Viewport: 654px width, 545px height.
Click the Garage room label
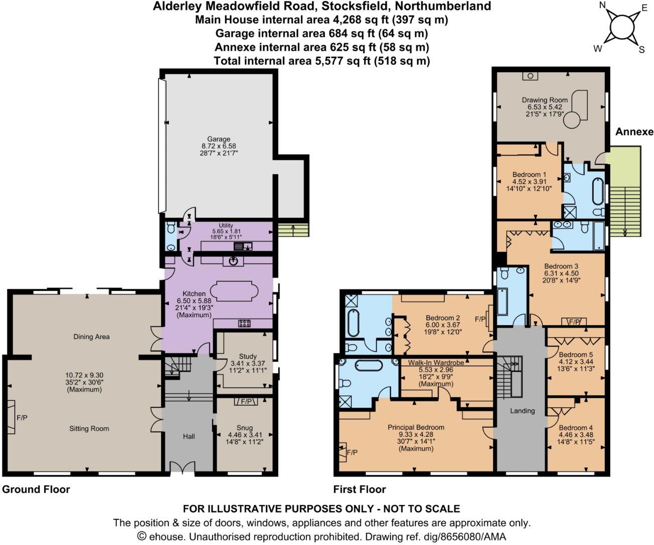tap(219, 139)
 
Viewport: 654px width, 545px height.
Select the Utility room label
tap(226, 225)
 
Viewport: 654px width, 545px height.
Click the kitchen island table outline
tap(234, 291)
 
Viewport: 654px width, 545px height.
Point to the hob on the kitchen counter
tap(244, 323)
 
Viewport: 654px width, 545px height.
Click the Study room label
tap(248, 356)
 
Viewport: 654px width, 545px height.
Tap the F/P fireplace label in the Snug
tap(246, 401)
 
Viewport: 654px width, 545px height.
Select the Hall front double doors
tap(182, 467)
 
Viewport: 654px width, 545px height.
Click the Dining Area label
tap(91, 337)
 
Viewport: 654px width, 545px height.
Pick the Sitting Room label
tap(89, 429)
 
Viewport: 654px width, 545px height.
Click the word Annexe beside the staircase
tap(634, 132)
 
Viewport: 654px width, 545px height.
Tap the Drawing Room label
tap(545, 100)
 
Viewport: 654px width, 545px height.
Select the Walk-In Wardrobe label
tap(436, 362)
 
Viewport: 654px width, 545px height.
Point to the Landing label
tap(522, 410)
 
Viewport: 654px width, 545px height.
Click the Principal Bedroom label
tap(416, 427)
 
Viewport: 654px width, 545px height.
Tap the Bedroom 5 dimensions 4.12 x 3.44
tap(576, 361)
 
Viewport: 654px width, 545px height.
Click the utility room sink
tap(243, 246)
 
